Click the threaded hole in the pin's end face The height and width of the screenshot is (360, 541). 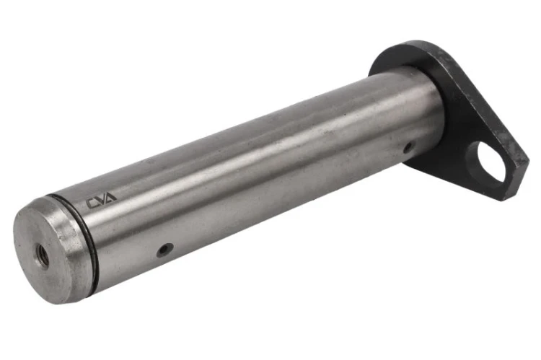point(43,256)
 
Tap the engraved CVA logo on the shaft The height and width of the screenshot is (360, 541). point(102,201)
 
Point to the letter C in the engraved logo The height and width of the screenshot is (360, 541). point(92,203)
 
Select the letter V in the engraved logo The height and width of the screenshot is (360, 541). point(102,201)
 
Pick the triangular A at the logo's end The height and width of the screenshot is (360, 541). point(111,198)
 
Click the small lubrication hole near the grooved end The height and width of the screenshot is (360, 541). point(165,250)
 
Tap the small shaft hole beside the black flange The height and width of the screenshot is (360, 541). point(409,148)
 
